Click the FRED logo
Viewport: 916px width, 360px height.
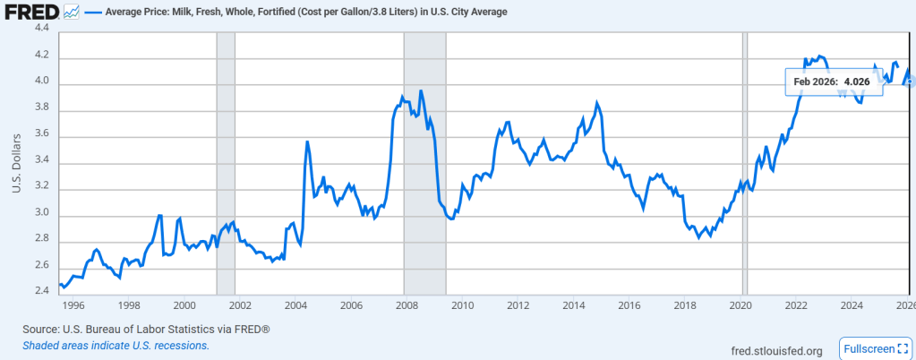coord(31,13)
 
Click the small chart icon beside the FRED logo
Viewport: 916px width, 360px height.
coord(71,13)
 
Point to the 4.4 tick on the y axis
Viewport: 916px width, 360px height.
coord(41,29)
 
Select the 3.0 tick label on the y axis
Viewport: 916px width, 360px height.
coord(41,215)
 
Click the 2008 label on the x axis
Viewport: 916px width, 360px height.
coord(407,305)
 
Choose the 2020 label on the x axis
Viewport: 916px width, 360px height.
coord(741,305)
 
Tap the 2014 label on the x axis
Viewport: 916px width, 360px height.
coord(574,305)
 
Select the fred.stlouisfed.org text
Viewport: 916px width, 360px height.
coord(776,349)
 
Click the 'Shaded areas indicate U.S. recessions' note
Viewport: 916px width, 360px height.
coord(116,346)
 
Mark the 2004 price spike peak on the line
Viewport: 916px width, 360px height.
coord(307,141)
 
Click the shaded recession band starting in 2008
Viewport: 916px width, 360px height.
coord(424,179)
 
